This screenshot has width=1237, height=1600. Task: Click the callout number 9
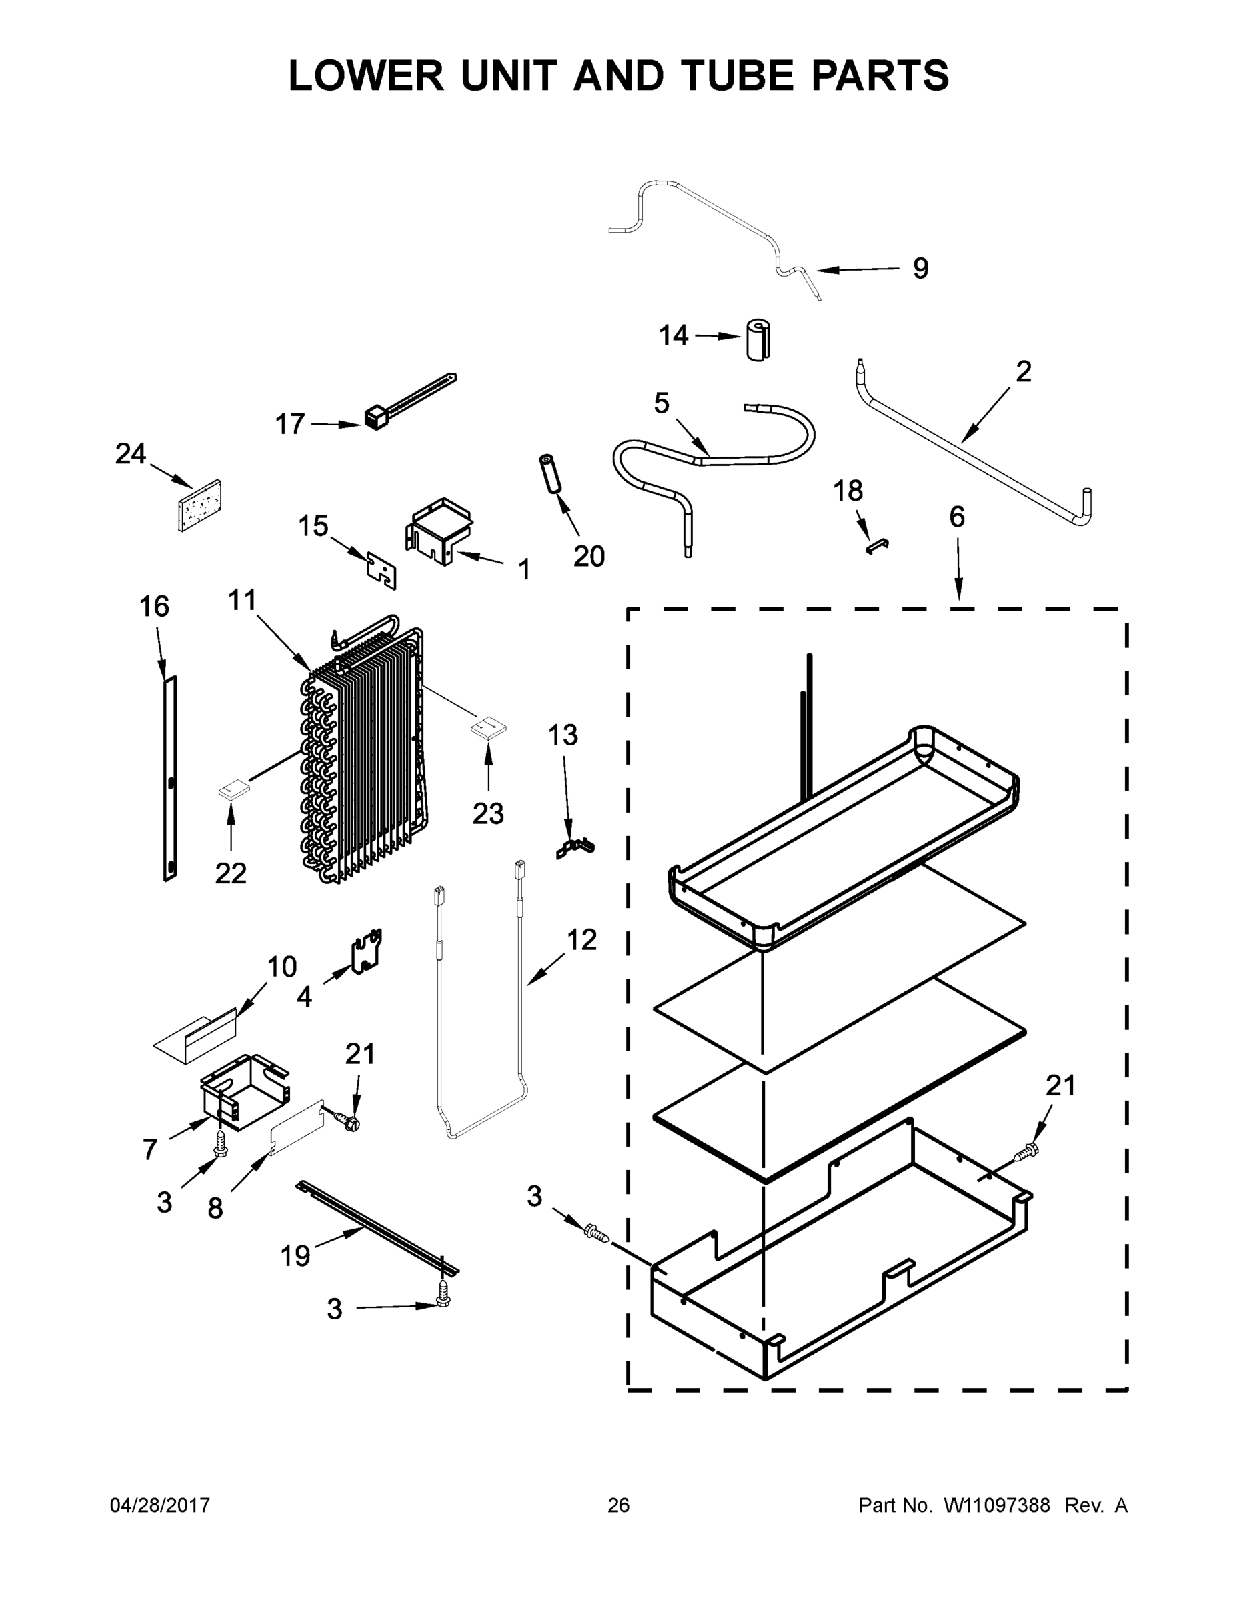tap(920, 269)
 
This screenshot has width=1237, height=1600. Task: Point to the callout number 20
tap(588, 557)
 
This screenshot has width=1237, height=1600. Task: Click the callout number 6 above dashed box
tap(956, 517)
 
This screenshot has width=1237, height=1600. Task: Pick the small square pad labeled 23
tap(488, 727)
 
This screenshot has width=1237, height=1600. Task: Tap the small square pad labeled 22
tap(233, 790)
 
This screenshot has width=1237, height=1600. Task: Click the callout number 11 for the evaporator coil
tap(243, 601)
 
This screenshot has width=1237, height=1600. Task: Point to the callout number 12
tap(582, 940)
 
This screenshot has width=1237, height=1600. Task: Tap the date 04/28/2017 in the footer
tap(160, 1505)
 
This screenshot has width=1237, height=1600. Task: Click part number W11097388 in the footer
tap(997, 1505)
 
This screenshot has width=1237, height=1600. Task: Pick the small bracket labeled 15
tap(382, 568)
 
